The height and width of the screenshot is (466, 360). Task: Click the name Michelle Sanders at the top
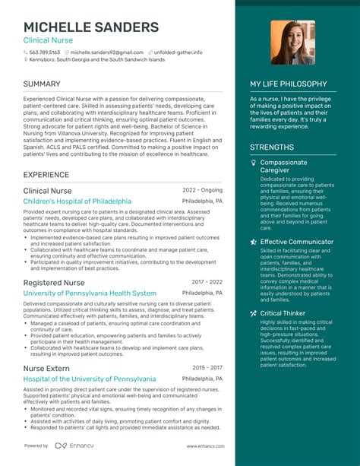click(x=91, y=27)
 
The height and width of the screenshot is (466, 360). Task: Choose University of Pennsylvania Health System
click(x=90, y=293)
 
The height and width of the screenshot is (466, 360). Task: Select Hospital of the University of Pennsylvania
click(x=90, y=379)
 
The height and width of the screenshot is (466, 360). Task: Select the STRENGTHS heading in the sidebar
click(x=272, y=147)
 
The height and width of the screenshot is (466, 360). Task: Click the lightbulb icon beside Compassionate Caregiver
click(x=254, y=163)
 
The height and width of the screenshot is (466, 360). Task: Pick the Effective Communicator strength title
click(x=297, y=242)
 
